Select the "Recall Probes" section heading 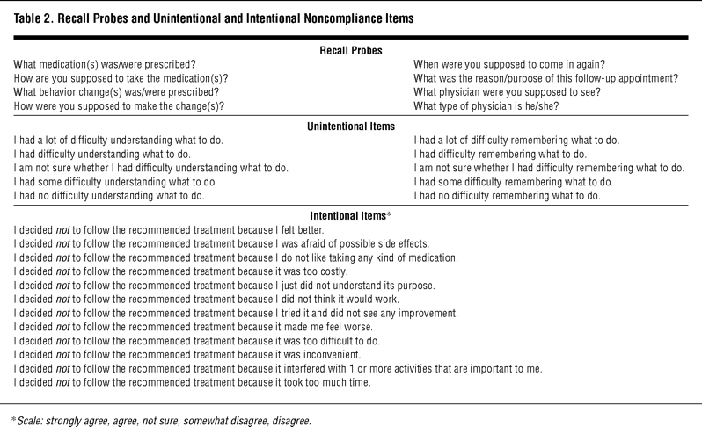(x=350, y=51)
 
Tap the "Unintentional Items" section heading (x=350, y=126)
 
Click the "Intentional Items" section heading (x=347, y=214)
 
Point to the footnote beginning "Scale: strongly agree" (x=168, y=420)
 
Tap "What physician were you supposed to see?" (x=498, y=92)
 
